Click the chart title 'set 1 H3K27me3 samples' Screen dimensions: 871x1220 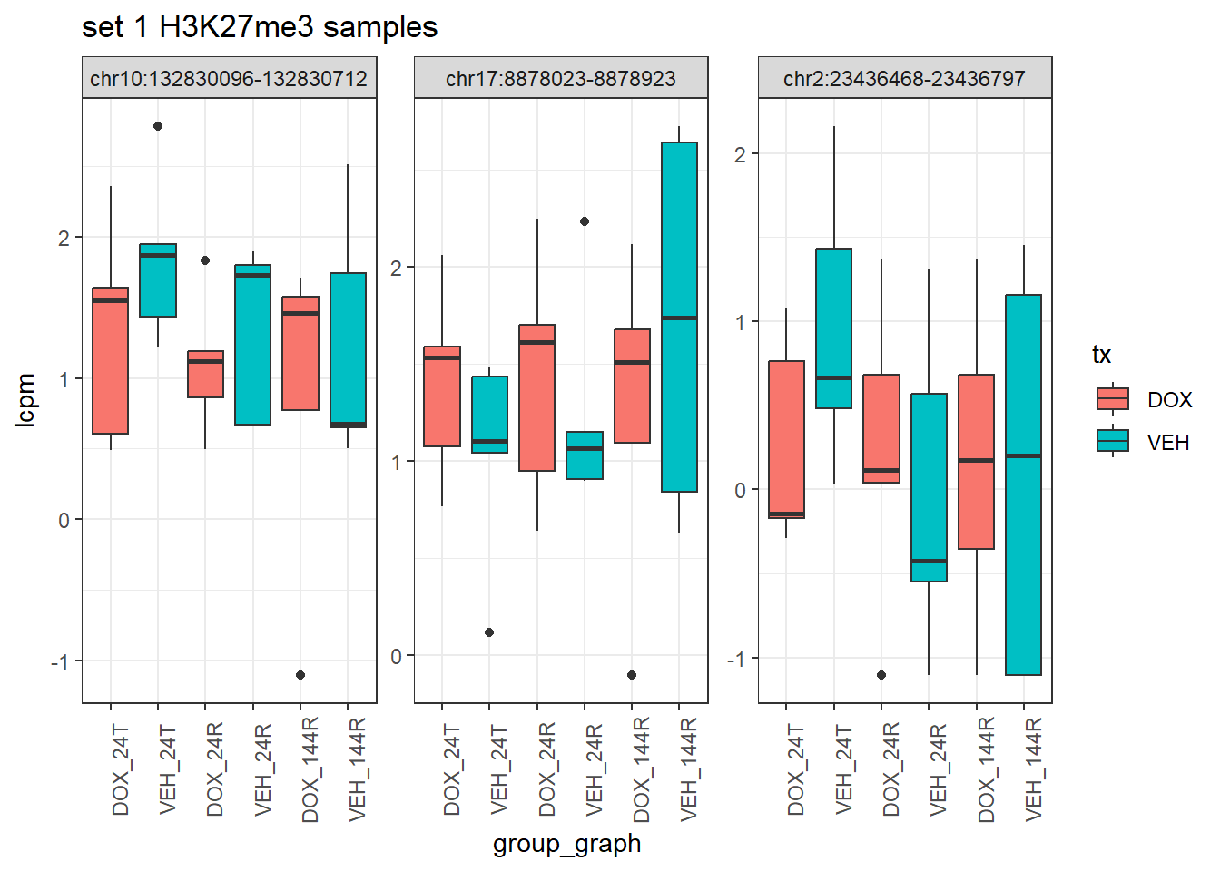pyautogui.click(x=260, y=27)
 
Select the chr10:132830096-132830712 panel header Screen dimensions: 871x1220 pyautogui.click(x=229, y=79)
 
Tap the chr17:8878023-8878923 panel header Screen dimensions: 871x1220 pyautogui.click(x=561, y=79)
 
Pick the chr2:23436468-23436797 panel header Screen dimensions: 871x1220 pyautogui.click(x=904, y=79)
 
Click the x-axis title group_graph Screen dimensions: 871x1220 pyautogui.click(x=566, y=844)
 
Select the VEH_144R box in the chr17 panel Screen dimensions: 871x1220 pyautogui.click(x=679, y=317)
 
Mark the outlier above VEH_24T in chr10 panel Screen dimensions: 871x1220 pyautogui.click(x=158, y=126)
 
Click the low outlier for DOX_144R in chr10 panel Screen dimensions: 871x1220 pyautogui.click(x=300, y=675)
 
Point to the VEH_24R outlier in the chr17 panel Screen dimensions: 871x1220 pyautogui.click(x=585, y=221)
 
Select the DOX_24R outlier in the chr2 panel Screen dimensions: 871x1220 pyautogui.click(x=881, y=675)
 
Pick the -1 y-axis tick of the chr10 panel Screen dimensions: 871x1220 pyautogui.click(x=60, y=661)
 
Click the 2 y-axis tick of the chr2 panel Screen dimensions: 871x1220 pyautogui.click(x=740, y=154)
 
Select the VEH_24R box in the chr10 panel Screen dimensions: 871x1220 pyautogui.click(x=253, y=345)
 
